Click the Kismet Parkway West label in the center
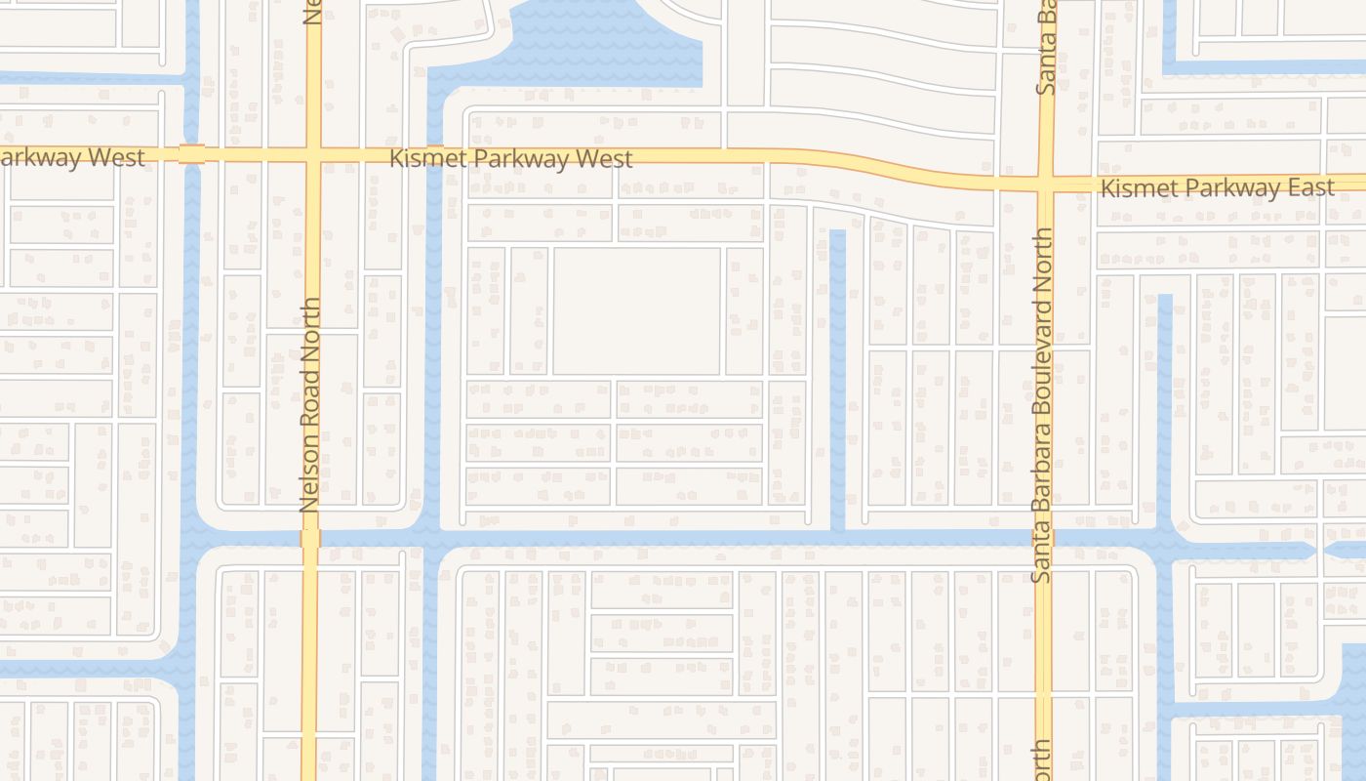pos(511,158)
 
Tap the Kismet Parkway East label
pos(1217,188)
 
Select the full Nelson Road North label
pos(310,405)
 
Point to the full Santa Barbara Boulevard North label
pos(1042,405)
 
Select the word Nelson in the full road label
pos(310,476)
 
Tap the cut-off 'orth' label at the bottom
pos(1042,760)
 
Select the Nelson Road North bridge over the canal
pos(310,539)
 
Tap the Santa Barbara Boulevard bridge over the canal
pos(1042,538)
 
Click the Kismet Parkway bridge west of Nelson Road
pos(191,154)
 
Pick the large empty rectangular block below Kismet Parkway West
pos(636,310)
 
